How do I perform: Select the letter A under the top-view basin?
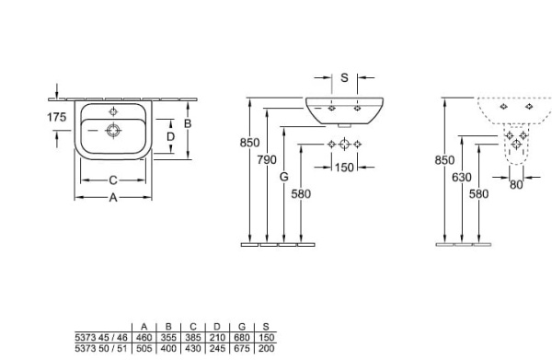point(112,196)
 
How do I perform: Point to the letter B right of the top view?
point(187,122)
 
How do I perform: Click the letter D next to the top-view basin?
point(169,137)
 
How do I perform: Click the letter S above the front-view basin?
point(344,77)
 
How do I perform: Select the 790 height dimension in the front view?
point(266,160)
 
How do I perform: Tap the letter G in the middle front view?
point(284,175)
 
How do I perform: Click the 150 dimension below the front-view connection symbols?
point(344,167)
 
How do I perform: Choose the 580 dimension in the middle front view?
point(301,194)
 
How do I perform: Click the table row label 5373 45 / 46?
point(102,338)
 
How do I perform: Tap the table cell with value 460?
point(144,338)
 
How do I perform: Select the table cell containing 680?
point(241,338)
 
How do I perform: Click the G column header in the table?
point(241,328)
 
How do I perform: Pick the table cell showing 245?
point(217,347)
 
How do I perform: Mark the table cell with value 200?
point(265,347)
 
